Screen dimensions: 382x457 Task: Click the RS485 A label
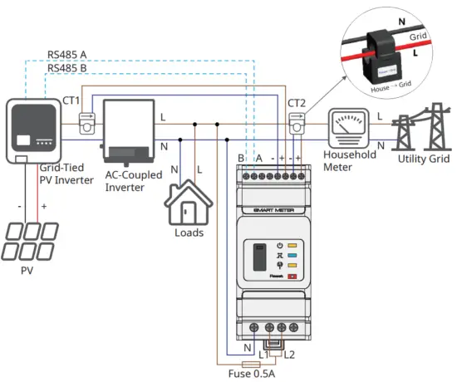68,56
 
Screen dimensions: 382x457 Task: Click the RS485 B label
68,69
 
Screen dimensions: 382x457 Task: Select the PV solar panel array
33,242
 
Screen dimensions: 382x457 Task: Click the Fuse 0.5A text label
252,373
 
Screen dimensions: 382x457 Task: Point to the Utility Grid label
425,159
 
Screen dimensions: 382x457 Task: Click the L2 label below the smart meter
288,355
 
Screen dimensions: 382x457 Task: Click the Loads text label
189,233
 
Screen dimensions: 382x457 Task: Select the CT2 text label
297,103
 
